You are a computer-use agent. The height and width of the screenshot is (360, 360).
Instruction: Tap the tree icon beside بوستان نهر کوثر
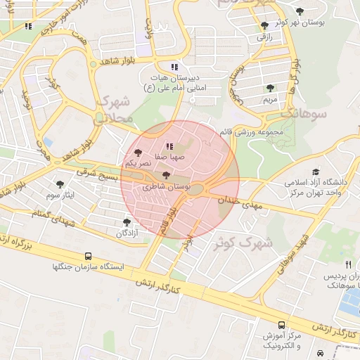pyautogui.click(x=300, y=11)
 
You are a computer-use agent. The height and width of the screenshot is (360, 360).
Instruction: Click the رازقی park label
pyautogui.click(x=264, y=36)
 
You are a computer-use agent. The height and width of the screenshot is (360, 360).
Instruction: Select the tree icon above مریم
pyautogui.click(x=271, y=89)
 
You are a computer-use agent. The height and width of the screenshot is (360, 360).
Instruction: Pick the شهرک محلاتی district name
pyautogui.click(x=112, y=108)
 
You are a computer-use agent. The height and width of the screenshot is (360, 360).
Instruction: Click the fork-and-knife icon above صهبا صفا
pyautogui.click(x=149, y=146)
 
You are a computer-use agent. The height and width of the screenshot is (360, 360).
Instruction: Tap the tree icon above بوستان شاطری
pyautogui.click(x=166, y=176)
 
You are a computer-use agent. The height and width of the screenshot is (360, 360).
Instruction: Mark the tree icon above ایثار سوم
pyautogui.click(x=59, y=184)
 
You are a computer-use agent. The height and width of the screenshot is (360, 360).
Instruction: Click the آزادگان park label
pyautogui.click(x=127, y=232)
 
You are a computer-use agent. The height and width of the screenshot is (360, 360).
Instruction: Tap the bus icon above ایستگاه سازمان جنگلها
pyautogui.click(x=88, y=257)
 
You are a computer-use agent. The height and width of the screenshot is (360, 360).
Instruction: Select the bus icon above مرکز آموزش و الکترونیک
pyautogui.click(x=281, y=325)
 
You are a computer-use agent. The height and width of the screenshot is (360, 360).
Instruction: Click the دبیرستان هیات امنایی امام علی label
pyautogui.click(x=172, y=82)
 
